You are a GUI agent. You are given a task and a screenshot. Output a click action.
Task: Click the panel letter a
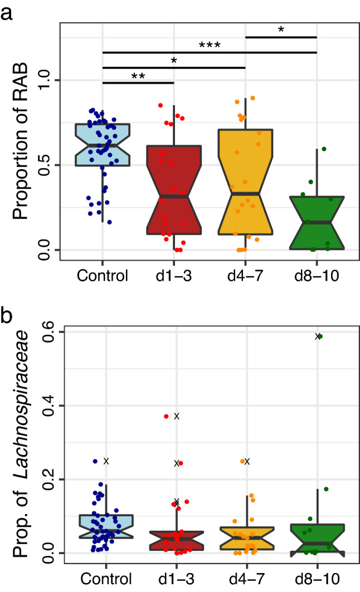point(7,11)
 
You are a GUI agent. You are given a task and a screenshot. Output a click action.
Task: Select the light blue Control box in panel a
point(102,145)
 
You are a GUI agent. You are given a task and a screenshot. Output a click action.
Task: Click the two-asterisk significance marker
point(138,76)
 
